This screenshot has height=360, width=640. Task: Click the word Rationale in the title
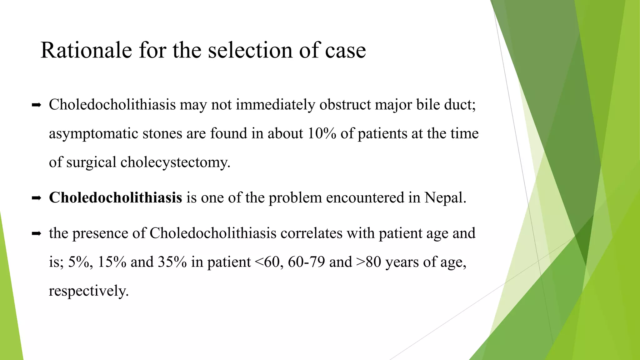[x=86, y=50]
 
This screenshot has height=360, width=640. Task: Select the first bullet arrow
[x=37, y=106]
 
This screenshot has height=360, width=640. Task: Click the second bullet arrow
[x=37, y=198]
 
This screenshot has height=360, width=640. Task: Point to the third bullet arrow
[x=37, y=233]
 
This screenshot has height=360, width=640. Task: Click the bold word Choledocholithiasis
[x=115, y=197]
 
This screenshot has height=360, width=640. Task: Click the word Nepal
[x=445, y=197]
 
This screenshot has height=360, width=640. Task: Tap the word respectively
[x=88, y=291]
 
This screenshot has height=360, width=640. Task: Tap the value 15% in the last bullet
[x=112, y=262]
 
